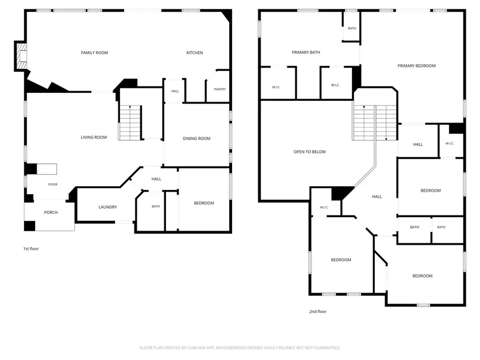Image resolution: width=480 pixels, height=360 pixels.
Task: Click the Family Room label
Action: (94, 53)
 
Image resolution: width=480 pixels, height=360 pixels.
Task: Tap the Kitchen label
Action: (195, 53)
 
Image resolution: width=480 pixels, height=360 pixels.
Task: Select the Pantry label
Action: (220, 90)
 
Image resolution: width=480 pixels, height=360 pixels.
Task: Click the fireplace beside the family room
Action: (21, 57)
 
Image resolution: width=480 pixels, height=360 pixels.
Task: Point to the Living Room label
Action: (94, 138)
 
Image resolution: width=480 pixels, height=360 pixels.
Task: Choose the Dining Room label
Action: (196, 139)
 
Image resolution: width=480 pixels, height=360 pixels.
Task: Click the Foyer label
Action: (53, 185)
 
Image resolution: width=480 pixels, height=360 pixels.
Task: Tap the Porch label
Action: (51, 212)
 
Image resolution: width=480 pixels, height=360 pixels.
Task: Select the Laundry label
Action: (108, 207)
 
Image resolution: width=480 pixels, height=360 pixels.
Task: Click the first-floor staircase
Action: (130, 123)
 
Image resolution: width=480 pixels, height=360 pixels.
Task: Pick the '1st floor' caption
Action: (31, 249)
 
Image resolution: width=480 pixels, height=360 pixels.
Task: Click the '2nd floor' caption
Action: (318, 311)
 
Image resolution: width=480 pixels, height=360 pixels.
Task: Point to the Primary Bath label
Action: (306, 52)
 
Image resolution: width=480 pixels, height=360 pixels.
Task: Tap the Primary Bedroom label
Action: (417, 66)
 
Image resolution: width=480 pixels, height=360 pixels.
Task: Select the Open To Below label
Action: (309, 152)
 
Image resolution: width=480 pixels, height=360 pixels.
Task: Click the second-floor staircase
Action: (374, 123)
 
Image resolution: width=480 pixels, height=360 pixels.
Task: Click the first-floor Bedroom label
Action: (204, 203)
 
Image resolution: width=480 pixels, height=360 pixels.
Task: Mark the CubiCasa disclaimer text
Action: (239, 348)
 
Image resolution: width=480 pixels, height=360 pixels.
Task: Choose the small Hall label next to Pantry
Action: (175, 91)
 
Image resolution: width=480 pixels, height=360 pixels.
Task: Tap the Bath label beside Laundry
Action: (156, 206)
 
